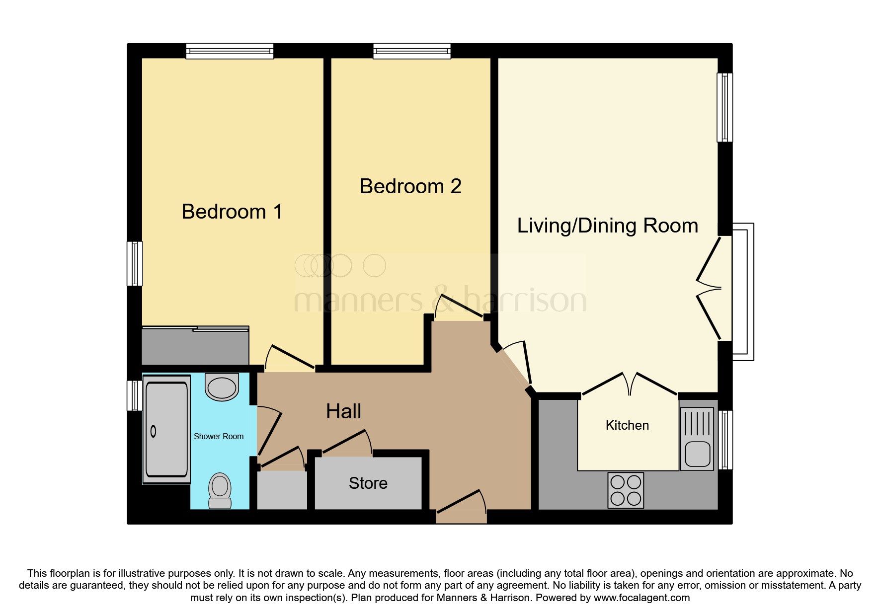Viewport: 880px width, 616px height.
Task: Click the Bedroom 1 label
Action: click(x=232, y=212)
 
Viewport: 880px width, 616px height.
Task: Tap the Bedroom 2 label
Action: click(x=410, y=187)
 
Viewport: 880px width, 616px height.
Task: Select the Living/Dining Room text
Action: click(x=607, y=226)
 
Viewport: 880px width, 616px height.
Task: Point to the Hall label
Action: click(x=343, y=411)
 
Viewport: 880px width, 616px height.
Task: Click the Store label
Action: click(x=368, y=483)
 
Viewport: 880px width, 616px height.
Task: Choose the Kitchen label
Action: click(x=627, y=425)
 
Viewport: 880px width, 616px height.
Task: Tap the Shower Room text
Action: click(x=219, y=437)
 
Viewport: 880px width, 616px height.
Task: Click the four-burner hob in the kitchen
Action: click(x=626, y=490)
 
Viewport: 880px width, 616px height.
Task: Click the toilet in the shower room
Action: click(x=220, y=491)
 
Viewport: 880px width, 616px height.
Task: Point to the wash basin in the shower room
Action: click(x=222, y=387)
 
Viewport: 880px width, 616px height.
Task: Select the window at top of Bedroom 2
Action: click(x=412, y=51)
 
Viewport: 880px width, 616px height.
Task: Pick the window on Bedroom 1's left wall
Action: click(x=135, y=263)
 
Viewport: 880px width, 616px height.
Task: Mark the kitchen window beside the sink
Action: click(x=726, y=440)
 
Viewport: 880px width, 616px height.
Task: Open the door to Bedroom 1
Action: click(x=290, y=359)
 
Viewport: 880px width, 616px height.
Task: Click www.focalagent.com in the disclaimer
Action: click(x=641, y=598)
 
